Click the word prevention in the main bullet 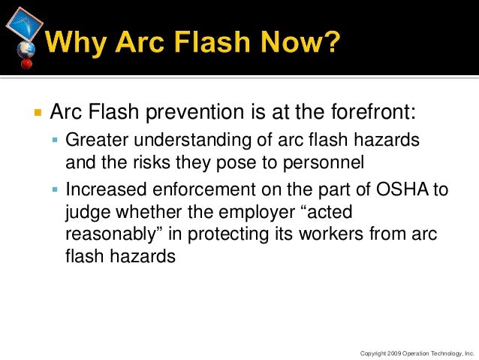click(x=193, y=113)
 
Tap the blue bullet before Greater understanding click(x=56, y=141)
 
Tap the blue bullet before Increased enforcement click(x=56, y=190)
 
